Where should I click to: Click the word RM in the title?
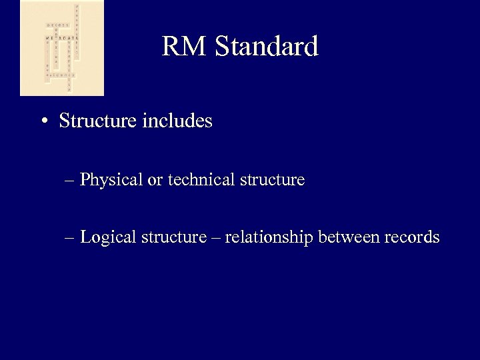(x=181, y=47)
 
